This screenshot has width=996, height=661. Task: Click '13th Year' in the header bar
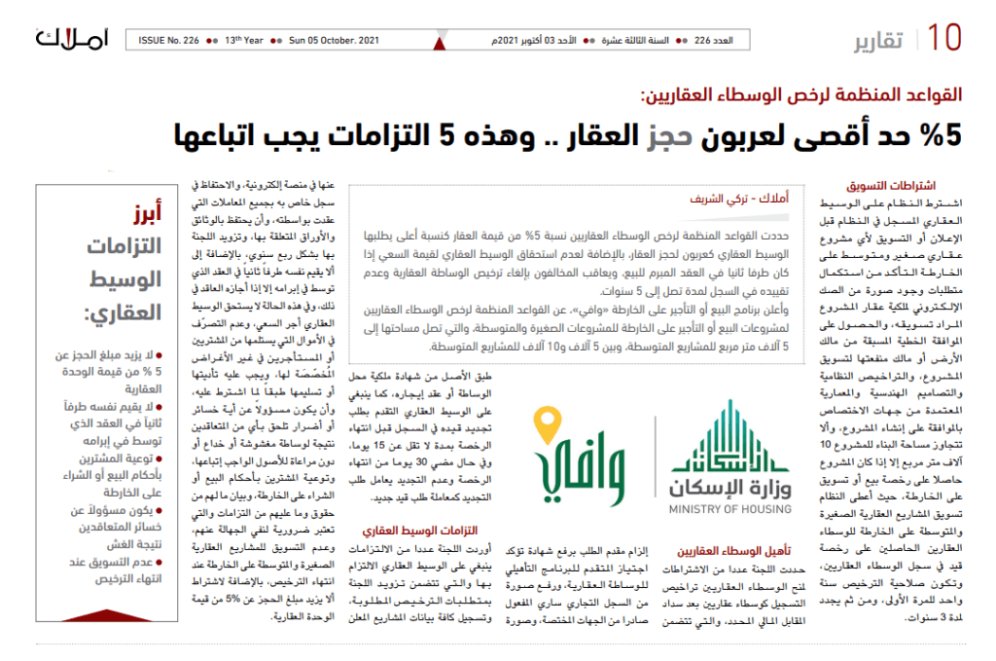[x=243, y=41]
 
